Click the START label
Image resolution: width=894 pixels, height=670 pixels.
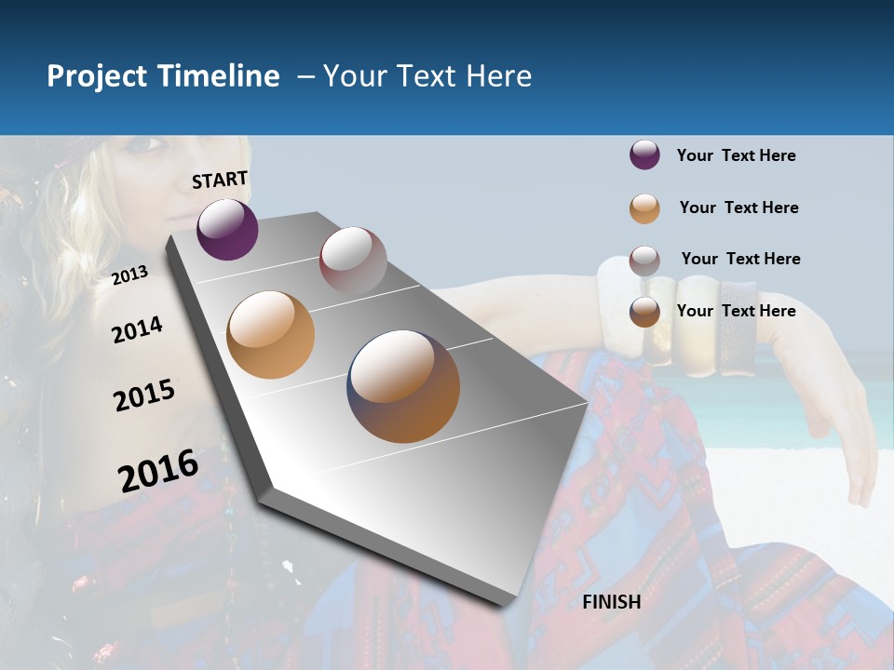[x=220, y=180]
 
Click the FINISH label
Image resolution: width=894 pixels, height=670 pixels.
[x=612, y=602]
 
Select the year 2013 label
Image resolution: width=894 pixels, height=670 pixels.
[x=129, y=275]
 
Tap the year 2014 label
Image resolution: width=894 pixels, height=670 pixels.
[x=137, y=329]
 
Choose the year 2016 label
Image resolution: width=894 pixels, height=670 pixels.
[x=158, y=471]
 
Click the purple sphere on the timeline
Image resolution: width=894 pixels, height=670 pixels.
[x=227, y=229]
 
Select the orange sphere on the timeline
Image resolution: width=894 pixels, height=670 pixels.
[x=270, y=335]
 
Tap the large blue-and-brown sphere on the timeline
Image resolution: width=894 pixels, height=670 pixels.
[x=403, y=386]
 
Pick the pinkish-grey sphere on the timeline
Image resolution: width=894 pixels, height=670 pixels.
[x=353, y=261]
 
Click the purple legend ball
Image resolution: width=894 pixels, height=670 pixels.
[x=644, y=155]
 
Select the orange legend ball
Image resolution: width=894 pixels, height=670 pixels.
[x=644, y=208]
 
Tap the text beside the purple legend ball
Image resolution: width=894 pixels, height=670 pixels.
[x=736, y=155]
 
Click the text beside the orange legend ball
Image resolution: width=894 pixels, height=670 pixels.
[x=738, y=208]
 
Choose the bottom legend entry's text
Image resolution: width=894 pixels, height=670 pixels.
[x=736, y=311]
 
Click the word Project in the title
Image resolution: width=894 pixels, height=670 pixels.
[x=98, y=76]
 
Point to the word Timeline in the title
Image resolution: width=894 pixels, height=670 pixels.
[x=219, y=76]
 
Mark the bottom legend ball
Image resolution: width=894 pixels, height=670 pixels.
[x=644, y=313]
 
